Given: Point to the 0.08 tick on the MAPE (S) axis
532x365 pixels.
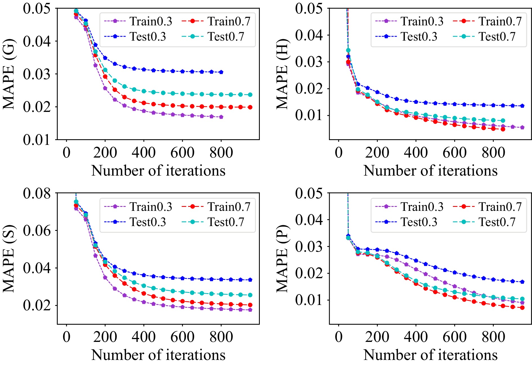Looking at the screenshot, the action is coord(37,194).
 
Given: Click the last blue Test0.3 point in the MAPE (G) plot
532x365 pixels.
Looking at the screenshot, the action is coord(221,72).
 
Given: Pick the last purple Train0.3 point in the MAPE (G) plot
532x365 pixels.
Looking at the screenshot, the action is coord(221,117).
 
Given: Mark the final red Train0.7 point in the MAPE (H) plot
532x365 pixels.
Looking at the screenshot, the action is coord(503,129).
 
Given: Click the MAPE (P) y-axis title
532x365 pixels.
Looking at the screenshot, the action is coord(282,258).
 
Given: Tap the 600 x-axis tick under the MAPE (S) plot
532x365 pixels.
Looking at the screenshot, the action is coord(182,337).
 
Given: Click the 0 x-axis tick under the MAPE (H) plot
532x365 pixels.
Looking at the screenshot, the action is coord(339,152).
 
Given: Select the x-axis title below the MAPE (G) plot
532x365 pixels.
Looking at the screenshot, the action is coord(158,171).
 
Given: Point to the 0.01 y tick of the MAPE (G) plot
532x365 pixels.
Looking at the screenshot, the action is coord(37,140).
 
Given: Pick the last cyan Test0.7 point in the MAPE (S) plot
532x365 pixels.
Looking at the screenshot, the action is coord(250,295).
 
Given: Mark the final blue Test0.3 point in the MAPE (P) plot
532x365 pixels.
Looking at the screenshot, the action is coord(522,282).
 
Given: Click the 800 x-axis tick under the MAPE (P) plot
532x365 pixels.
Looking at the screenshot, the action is coord(493,337).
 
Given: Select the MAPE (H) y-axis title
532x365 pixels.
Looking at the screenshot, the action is coord(282,74).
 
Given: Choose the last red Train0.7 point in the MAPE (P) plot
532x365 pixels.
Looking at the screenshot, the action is coord(522,308).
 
